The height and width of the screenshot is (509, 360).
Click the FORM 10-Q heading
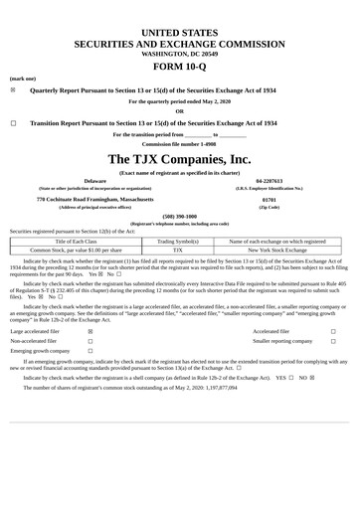(x=180, y=66)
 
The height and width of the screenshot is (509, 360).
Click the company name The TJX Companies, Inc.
(x=180, y=159)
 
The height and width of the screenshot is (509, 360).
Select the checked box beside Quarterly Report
(x=13, y=89)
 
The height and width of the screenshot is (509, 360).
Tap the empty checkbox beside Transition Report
(x=13, y=123)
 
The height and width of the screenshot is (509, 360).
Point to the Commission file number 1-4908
(x=179, y=143)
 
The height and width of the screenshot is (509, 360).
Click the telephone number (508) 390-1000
(x=180, y=216)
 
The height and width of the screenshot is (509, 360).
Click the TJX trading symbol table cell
(x=179, y=251)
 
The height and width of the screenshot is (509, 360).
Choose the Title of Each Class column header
(x=77, y=242)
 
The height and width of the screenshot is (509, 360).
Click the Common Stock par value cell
(x=77, y=251)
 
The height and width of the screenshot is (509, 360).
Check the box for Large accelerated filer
(x=90, y=331)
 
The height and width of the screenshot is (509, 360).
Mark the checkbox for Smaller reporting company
(x=333, y=341)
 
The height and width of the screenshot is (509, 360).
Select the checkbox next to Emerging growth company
(x=90, y=351)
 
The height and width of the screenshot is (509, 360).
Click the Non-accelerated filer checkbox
(x=90, y=341)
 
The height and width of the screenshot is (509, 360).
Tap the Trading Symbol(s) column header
(x=179, y=242)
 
